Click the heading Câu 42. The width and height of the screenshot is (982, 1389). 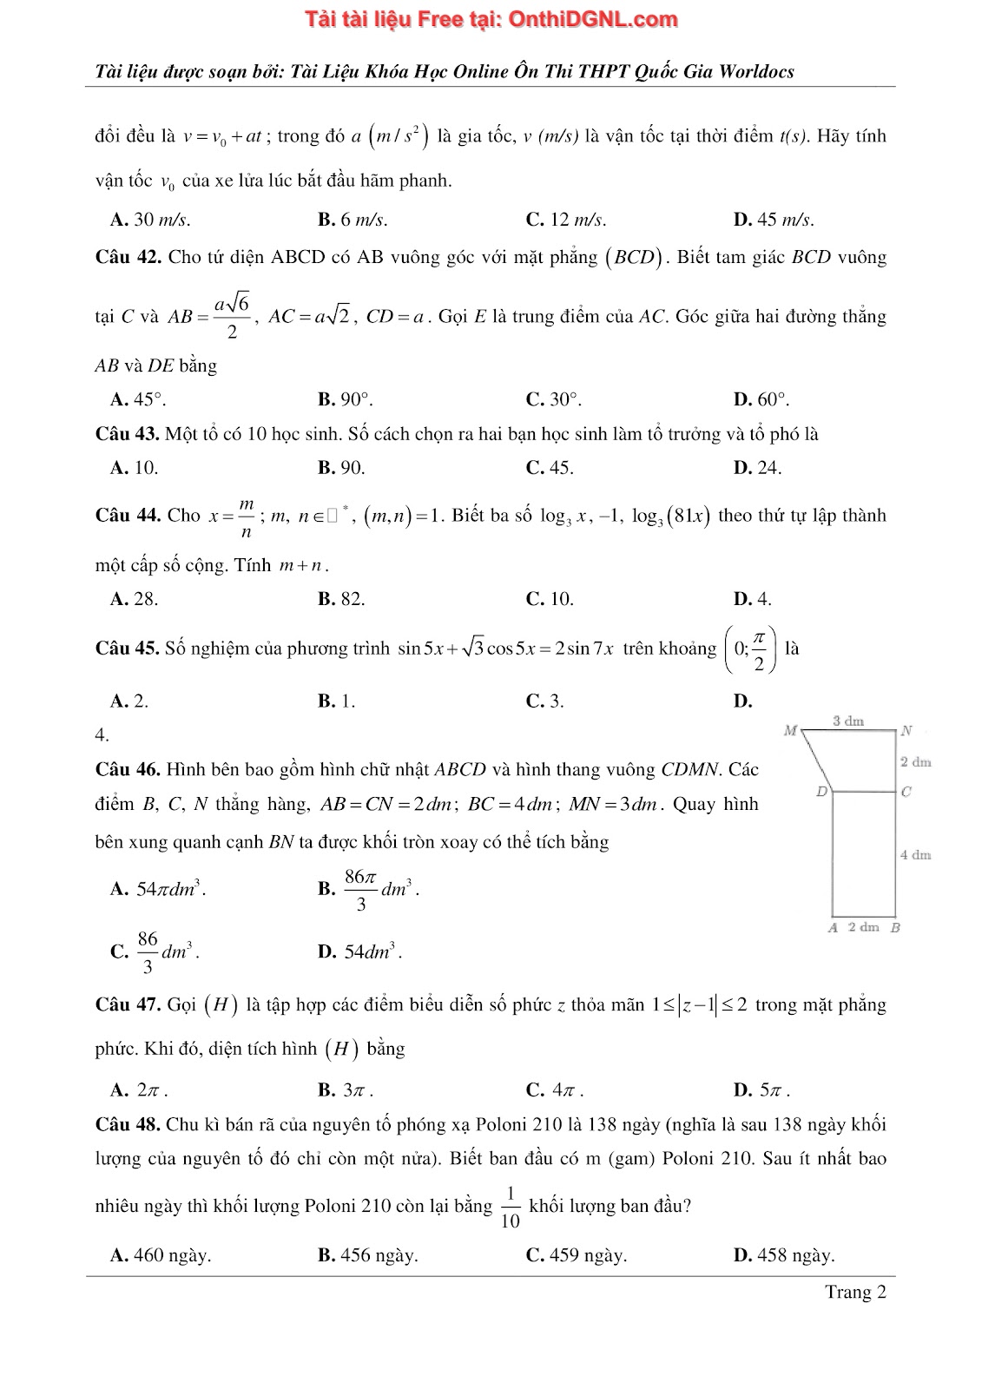pyautogui.click(x=128, y=257)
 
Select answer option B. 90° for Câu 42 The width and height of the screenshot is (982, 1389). pyautogui.click(x=345, y=399)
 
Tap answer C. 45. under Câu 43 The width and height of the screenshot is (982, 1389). pyautogui.click(x=549, y=468)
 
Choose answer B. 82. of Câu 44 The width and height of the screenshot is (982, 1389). pyautogui.click(x=341, y=599)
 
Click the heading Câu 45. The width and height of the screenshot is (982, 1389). pyautogui.click(x=128, y=648)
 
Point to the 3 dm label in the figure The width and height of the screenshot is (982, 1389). pyautogui.click(x=847, y=721)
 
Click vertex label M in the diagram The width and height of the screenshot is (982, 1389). pyautogui.click(x=789, y=731)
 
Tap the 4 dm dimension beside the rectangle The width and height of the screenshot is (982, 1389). pyautogui.click(x=915, y=855)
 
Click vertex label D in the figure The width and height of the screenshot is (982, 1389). pyautogui.click(x=821, y=792)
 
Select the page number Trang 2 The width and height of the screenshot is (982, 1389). pyautogui.click(x=855, y=1292)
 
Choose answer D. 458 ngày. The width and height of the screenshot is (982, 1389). pyautogui.click(x=784, y=1255)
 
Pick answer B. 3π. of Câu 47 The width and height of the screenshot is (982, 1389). pyautogui.click(x=346, y=1089)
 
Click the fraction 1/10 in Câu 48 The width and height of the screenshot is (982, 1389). pyautogui.click(x=511, y=1207)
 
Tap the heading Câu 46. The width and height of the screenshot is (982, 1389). pyautogui.click(x=128, y=769)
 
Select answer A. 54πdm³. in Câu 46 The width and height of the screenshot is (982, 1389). pyautogui.click(x=159, y=889)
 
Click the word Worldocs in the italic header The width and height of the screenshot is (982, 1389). pyautogui.click(x=754, y=71)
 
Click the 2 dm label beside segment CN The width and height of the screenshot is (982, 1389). pyautogui.click(x=915, y=762)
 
